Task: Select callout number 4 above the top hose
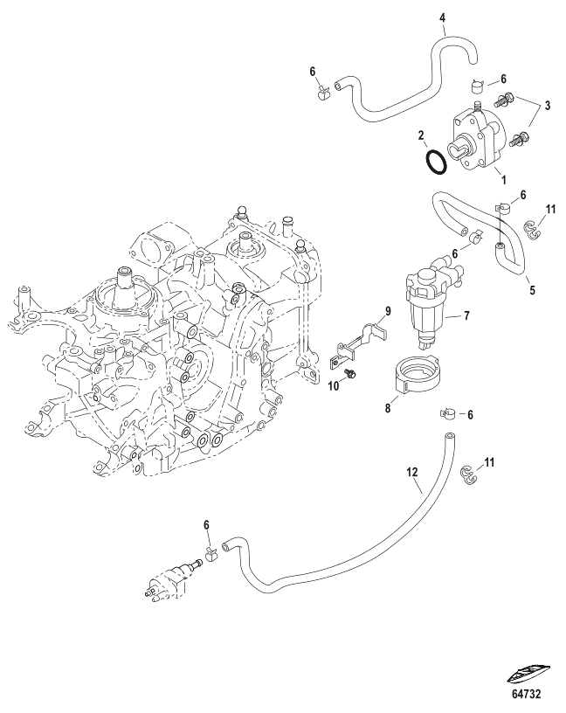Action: click(x=442, y=18)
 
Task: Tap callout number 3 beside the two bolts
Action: click(x=547, y=106)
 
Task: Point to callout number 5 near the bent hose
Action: click(x=532, y=290)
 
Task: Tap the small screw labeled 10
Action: click(x=350, y=373)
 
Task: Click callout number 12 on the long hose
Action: click(x=411, y=472)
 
